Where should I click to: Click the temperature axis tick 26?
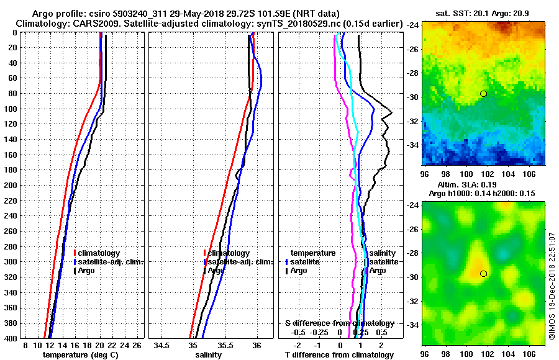137,345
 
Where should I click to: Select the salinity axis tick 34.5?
162,345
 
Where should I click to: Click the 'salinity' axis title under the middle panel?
208,355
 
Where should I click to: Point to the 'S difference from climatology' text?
339,323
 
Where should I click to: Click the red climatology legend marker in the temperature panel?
75,253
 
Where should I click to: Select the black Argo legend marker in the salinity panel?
204,271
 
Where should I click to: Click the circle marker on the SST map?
483,94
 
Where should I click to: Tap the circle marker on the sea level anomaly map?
483,274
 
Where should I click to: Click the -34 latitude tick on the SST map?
412,145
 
